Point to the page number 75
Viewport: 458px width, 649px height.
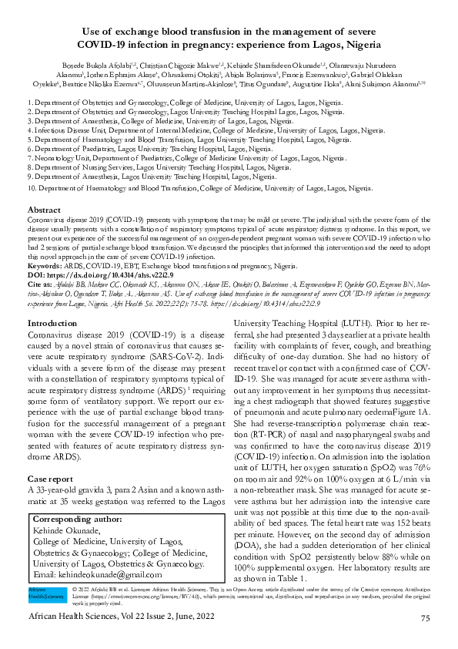click(426, 618)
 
